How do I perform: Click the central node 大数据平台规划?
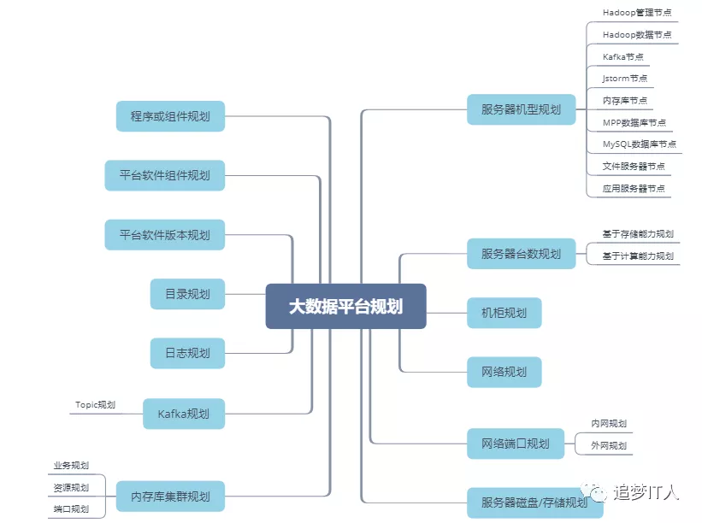tap(345, 306)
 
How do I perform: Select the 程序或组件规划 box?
tap(170, 116)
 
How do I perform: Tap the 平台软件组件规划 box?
tap(164, 175)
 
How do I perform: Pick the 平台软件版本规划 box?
tap(164, 234)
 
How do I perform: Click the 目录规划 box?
tap(187, 294)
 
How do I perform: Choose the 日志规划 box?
tap(187, 353)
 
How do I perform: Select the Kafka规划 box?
tap(183, 414)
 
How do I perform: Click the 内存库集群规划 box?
tap(170, 496)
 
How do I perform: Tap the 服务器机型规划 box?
tap(522, 109)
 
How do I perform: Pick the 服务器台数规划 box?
tap(522, 254)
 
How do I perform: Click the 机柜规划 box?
tap(504, 313)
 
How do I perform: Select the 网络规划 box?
tap(504, 372)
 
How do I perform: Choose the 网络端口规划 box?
tap(516, 443)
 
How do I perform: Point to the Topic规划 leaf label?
tap(95, 405)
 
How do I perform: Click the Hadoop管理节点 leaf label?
tap(637, 13)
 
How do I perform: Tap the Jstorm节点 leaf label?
tap(625, 79)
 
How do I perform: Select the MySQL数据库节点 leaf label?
tap(639, 144)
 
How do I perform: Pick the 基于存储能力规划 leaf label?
tap(638, 234)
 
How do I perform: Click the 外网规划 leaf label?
tap(609, 445)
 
